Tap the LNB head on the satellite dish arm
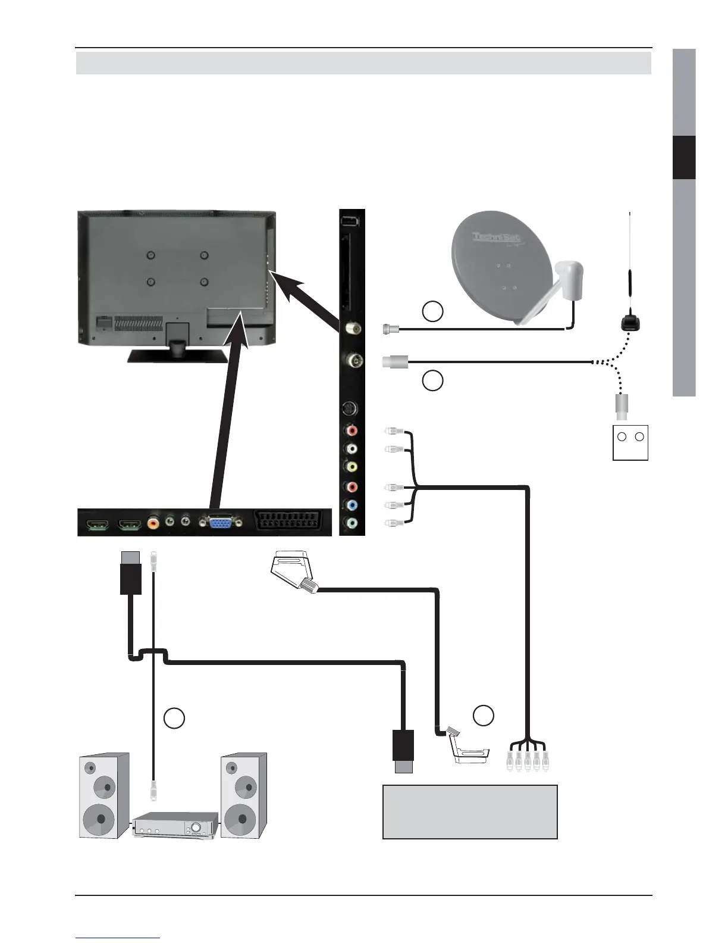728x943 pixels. (569, 275)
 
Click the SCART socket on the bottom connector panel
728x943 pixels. (291, 522)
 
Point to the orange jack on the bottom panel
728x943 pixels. (153, 523)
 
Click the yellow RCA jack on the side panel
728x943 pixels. (352, 467)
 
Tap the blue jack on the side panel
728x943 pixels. (352, 505)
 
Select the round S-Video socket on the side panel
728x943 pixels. (352, 409)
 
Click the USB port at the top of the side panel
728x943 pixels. (352, 221)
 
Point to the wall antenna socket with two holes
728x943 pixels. (630, 442)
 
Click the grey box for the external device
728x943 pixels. (470, 811)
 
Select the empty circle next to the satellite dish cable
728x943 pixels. (432, 311)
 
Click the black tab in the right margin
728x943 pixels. (684, 157)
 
